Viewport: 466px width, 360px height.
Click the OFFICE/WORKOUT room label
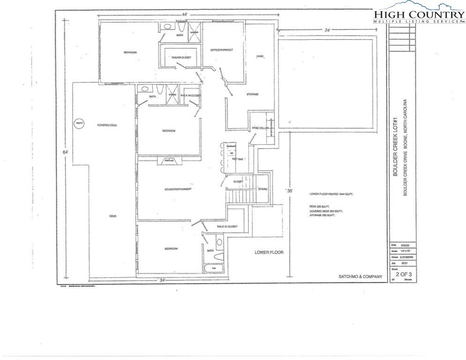click(x=222, y=50)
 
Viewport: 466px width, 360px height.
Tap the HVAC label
click(x=260, y=57)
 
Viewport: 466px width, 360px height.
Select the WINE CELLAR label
click(x=260, y=127)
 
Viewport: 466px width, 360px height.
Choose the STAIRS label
click(x=263, y=189)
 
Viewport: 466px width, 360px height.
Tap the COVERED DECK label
click(x=107, y=125)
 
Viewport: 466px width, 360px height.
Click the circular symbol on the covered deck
click(x=79, y=123)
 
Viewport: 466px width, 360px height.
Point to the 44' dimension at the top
click(x=184, y=15)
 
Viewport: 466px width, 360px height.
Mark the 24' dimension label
click(x=327, y=30)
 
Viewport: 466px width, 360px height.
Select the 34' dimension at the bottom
click(x=162, y=280)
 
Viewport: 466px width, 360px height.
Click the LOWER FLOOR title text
click(x=269, y=252)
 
